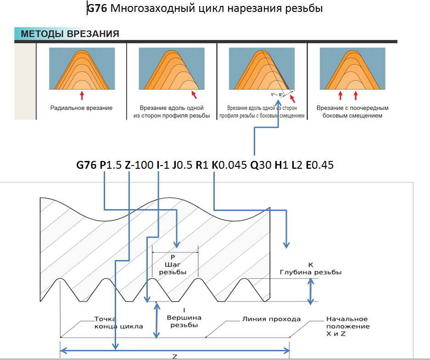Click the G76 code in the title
coord(97,9)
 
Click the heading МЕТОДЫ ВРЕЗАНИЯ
coord(70,34)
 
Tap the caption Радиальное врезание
coord(81,108)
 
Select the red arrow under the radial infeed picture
coord(82,95)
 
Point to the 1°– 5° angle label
coord(277,95)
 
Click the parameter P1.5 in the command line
coord(111,165)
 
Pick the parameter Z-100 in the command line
coord(139,165)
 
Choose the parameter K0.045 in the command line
coord(229,165)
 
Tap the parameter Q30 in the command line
coord(261,165)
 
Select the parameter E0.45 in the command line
coord(319,165)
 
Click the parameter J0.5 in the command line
coord(182,165)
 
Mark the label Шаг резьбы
coord(173,268)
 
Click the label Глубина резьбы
coord(311,272)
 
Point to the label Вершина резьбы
coord(184,321)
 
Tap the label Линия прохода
coord(271,319)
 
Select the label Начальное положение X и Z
coord(348,327)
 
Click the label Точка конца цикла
coord(118,323)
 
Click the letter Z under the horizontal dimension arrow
coord(175,357)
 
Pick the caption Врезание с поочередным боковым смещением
coord(352,112)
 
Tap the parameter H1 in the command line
coord(281,165)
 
